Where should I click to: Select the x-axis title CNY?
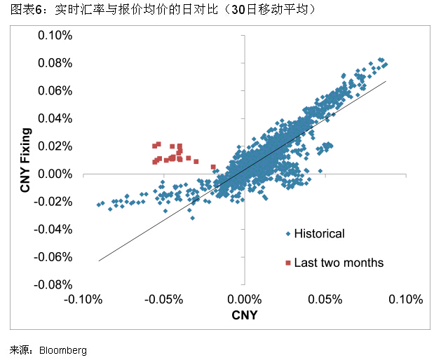pyautogui.click(x=244, y=315)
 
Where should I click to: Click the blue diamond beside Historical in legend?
pyautogui.click(x=287, y=234)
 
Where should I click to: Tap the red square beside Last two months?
pyautogui.click(x=287, y=263)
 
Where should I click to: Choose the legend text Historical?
pyautogui.click(x=319, y=234)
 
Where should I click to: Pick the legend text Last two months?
pyautogui.click(x=339, y=263)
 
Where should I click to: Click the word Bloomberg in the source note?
pyautogui.click(x=63, y=349)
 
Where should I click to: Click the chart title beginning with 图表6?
pyautogui.click(x=154, y=9)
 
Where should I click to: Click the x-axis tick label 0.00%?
pyautogui.click(x=245, y=300)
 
